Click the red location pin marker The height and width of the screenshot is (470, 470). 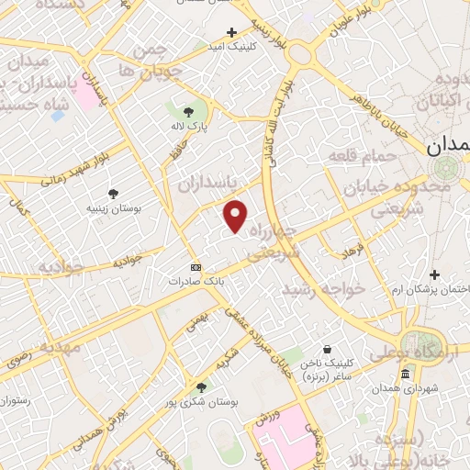(x=236, y=216)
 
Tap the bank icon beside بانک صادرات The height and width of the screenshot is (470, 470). (x=194, y=267)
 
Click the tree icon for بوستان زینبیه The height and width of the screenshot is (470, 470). (x=113, y=193)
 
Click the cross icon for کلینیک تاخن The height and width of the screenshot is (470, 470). (x=327, y=350)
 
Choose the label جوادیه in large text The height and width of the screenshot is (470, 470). (x=61, y=266)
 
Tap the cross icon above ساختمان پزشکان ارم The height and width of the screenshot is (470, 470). (x=433, y=274)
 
